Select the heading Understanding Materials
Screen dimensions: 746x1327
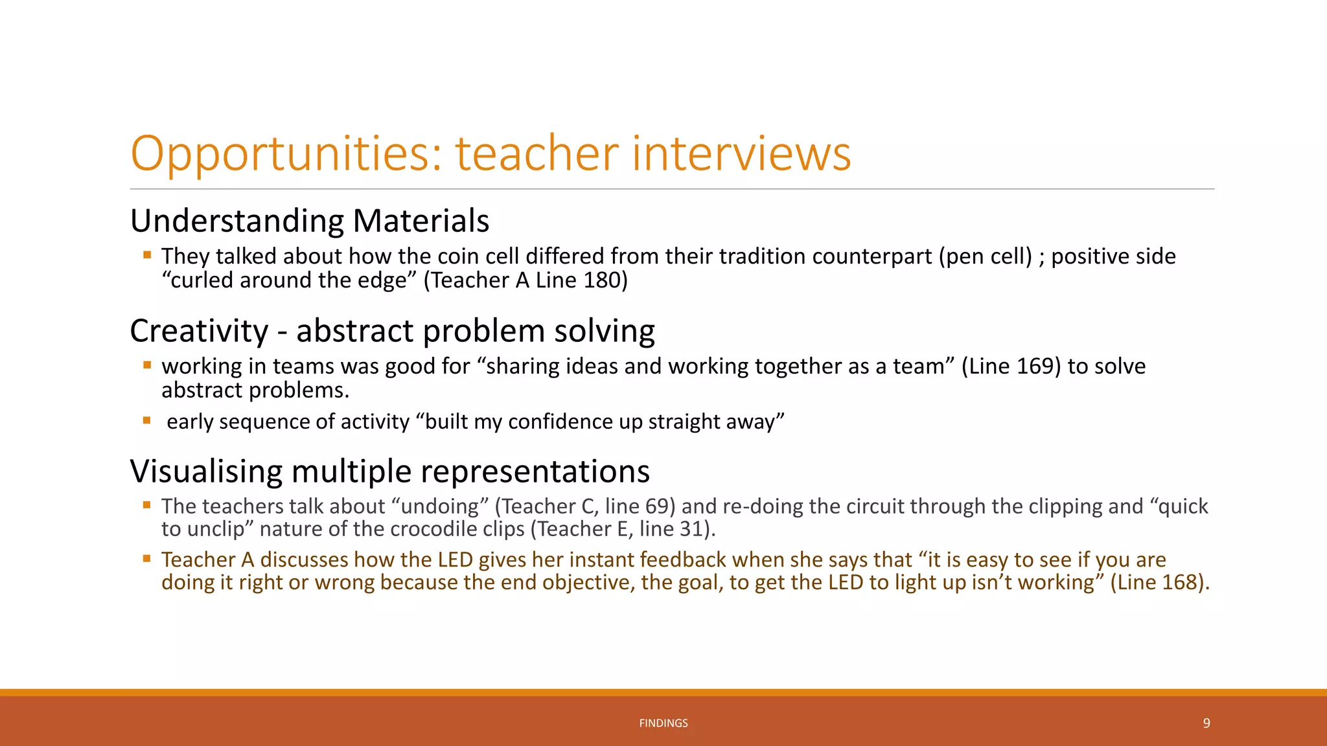[309, 220]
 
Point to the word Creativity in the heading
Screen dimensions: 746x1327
[199, 331]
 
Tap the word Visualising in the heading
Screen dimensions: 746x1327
[206, 471]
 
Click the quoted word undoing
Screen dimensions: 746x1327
[440, 506]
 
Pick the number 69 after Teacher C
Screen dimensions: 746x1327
[655, 506]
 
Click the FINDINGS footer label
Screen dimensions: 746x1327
[663, 723]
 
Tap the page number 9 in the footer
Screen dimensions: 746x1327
[1206, 723]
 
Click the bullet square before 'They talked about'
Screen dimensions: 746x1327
[147, 255]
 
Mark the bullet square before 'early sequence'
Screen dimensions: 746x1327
[147, 420]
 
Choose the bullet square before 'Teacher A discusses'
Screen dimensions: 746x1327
[147, 558]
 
